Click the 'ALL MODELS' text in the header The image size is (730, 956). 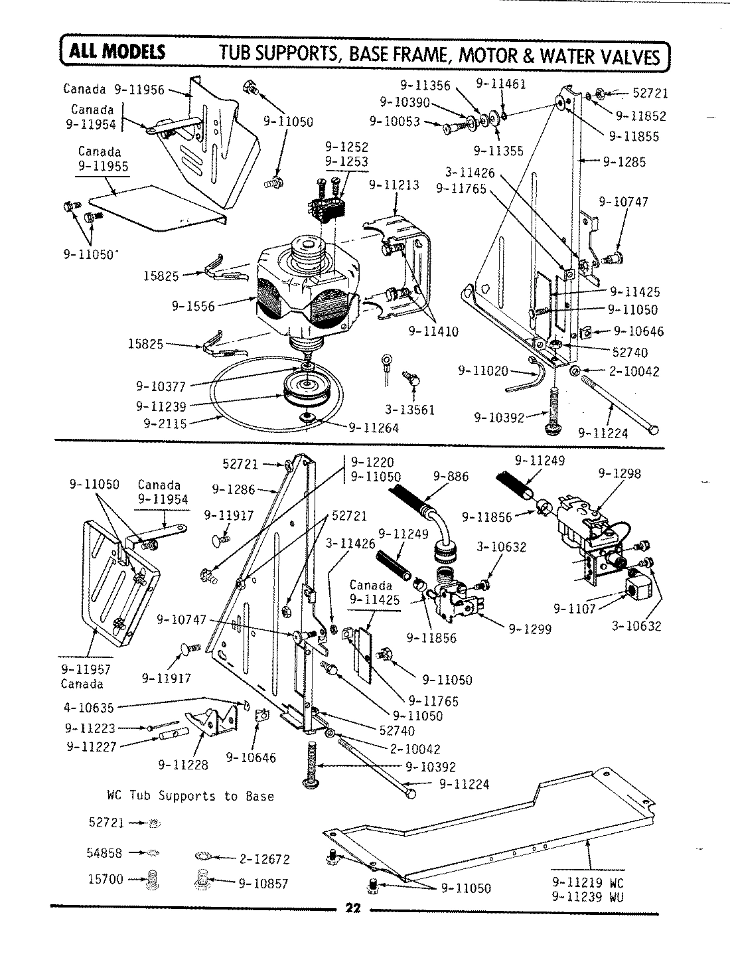click(x=114, y=52)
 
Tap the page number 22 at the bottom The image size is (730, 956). click(x=352, y=910)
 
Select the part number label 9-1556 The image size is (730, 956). click(x=193, y=306)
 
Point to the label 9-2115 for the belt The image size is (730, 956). click(x=161, y=422)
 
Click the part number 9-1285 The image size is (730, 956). click(x=624, y=161)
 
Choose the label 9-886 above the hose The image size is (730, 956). click(x=451, y=476)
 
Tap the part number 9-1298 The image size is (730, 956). click(x=619, y=473)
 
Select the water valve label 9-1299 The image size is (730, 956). click(x=530, y=629)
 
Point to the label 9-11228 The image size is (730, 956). click(x=183, y=764)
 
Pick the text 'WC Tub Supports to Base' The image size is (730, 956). click(x=190, y=795)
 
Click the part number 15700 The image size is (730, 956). click(x=106, y=879)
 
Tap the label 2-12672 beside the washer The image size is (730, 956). click(x=263, y=859)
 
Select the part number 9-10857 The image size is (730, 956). click(x=262, y=884)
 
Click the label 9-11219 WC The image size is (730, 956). click(x=588, y=884)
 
